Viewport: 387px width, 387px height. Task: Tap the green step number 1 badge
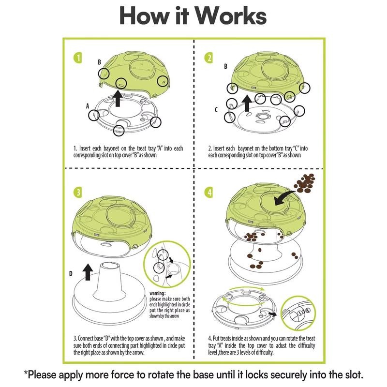click(x=77, y=59)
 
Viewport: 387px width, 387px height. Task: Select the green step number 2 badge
click(x=209, y=59)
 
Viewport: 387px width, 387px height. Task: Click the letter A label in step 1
click(x=88, y=105)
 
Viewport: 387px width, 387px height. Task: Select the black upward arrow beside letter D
click(x=88, y=272)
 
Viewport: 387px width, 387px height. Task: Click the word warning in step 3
click(x=158, y=294)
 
